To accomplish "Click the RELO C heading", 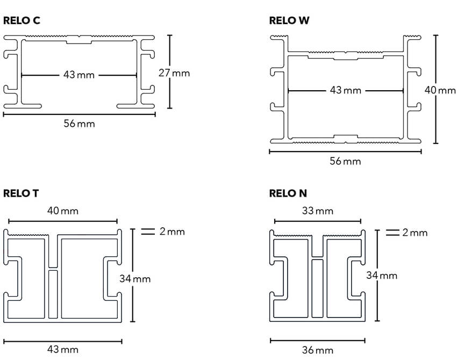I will [22, 21].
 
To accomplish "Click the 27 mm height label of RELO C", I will [174, 73].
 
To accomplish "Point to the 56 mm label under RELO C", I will [79, 124].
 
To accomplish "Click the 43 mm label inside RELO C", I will [78, 75].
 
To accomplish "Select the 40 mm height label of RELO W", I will [440, 90].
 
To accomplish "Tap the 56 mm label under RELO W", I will [345, 161].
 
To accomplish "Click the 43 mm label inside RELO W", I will [345, 90].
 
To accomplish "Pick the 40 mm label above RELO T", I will [62, 211].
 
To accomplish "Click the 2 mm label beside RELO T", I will [172, 232].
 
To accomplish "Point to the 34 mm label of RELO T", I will [135, 279].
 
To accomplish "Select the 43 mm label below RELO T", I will [62, 350].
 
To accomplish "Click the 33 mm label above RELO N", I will [318, 211].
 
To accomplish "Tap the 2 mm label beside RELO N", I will [415, 233].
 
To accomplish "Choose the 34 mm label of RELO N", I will [382, 275].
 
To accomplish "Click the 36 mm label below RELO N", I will [318, 350].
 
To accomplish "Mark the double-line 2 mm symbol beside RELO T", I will [147, 232].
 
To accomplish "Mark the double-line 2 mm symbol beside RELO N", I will [392, 233].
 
